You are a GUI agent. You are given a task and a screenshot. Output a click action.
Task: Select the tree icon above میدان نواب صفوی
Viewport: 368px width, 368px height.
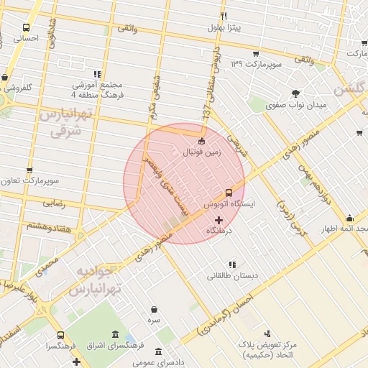click(295, 93)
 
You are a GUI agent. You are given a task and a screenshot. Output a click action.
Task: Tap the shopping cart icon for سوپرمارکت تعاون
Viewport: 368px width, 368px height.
click(29, 170)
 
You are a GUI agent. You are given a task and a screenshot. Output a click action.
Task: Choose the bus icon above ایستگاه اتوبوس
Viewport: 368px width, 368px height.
click(229, 192)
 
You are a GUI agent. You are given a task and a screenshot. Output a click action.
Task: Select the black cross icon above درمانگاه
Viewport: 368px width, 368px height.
click(219, 219)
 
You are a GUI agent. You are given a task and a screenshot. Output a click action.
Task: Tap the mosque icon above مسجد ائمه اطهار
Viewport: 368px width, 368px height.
click(349, 218)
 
